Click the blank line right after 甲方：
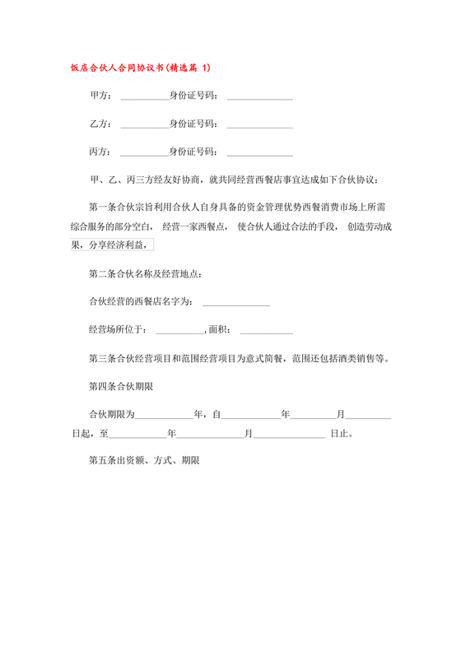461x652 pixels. click(x=143, y=98)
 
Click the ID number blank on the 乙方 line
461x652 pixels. click(x=259, y=126)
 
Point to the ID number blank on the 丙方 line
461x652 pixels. click(x=259, y=154)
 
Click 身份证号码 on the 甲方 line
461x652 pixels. click(x=193, y=96)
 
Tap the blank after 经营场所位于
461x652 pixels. click(x=179, y=332)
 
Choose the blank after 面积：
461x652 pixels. click(x=265, y=332)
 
